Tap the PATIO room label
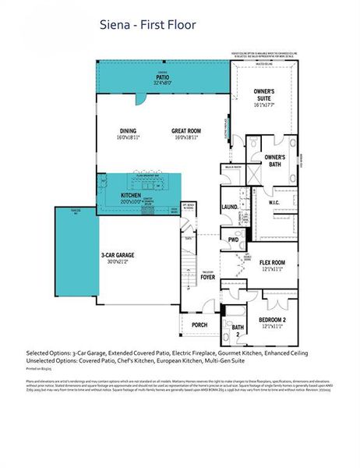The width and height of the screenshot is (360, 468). click(x=163, y=78)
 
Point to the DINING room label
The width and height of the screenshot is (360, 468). click(x=129, y=130)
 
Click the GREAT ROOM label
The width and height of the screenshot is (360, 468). click(x=187, y=130)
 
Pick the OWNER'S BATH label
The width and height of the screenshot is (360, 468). click(x=275, y=160)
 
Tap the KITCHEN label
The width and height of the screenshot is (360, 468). click(x=131, y=195)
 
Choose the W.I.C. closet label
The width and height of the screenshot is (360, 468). click(x=274, y=201)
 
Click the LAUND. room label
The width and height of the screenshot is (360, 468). click(x=231, y=207)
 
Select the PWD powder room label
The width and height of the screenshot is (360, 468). click(x=233, y=239)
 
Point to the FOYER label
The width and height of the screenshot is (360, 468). click(x=207, y=276)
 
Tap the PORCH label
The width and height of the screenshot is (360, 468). click(x=199, y=324)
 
